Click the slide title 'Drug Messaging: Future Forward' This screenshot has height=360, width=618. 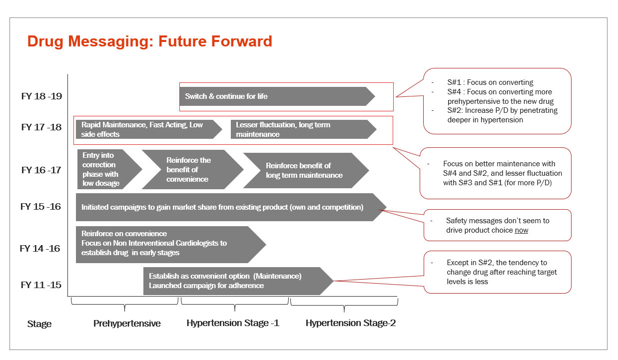click(149, 41)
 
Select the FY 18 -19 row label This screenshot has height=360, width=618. click(41, 96)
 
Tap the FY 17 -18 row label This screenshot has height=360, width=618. click(41, 127)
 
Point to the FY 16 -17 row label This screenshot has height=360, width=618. click(41, 170)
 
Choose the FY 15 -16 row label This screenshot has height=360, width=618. click(40, 206)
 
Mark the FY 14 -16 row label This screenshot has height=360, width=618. click(40, 248)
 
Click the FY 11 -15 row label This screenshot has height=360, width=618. click(41, 285)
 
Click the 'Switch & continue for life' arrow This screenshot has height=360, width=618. click(277, 96)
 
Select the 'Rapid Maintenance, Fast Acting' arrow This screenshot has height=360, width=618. click(149, 129)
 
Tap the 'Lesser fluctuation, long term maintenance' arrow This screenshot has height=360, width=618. click(303, 129)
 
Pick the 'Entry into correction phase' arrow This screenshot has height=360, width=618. click(110, 169)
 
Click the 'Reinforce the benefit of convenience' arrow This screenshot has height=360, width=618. click(192, 169)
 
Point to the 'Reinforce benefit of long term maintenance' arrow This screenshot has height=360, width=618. click(306, 170)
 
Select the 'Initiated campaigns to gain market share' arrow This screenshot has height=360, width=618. click(231, 207)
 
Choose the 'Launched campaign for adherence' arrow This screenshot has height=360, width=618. click(238, 281)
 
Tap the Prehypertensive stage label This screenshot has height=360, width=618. click(127, 323)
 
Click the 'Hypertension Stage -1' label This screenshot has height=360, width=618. click(233, 323)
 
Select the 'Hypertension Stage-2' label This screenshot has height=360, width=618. click(351, 323)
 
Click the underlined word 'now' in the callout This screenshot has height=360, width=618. click(522, 230)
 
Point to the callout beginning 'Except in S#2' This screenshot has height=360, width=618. click(498, 272)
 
